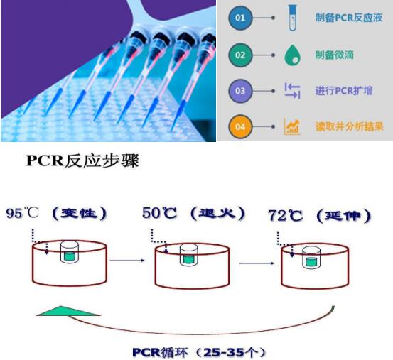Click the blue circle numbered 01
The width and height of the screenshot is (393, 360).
(240, 18)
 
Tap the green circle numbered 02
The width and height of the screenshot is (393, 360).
(240, 55)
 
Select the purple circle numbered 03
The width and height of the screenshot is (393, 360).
(240, 91)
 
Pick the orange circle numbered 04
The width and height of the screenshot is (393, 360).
(240, 126)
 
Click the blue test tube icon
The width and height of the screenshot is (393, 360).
(293, 18)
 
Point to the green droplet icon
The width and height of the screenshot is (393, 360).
(293, 55)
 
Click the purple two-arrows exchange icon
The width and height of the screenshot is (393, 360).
(293, 91)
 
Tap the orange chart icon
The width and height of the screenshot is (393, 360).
(292, 126)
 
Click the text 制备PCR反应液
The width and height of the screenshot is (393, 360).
(349, 18)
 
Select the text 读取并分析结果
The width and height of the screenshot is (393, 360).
(349, 126)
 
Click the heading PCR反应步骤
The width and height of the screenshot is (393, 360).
(82, 160)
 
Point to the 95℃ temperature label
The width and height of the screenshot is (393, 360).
(22, 213)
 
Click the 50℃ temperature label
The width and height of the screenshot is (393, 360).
(159, 213)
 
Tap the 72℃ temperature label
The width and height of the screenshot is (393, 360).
(285, 216)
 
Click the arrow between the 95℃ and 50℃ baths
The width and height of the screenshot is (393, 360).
(127, 261)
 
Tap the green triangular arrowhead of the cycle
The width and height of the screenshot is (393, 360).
(68, 311)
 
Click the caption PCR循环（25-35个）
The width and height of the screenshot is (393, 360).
(198, 352)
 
